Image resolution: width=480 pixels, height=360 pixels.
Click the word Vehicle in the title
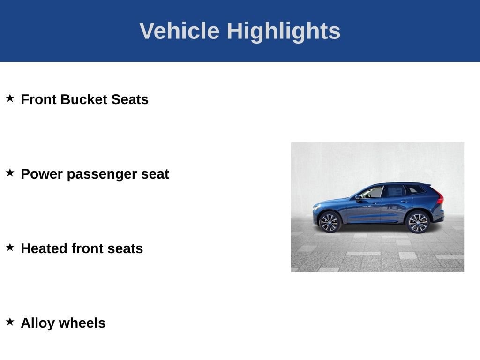pyautogui.click(x=180, y=30)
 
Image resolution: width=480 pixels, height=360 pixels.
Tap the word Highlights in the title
pyautogui.click(x=284, y=31)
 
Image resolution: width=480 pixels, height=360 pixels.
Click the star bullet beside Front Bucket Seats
pyautogui.click(x=10, y=98)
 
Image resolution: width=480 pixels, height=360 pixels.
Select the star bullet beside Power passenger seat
pyautogui.click(x=10, y=172)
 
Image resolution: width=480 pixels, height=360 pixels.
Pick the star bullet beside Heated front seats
pyautogui.click(x=10, y=247)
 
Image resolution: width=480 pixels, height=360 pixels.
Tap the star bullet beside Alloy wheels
pyautogui.click(x=10, y=322)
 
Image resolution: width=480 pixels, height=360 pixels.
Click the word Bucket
pyautogui.click(x=84, y=99)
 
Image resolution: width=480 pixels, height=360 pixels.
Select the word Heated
pyautogui.click(x=44, y=248)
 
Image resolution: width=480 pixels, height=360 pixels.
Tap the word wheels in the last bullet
pyautogui.click(x=82, y=323)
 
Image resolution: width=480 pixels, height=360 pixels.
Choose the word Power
pyautogui.click(x=42, y=174)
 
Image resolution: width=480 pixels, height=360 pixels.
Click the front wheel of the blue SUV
pyautogui.click(x=330, y=222)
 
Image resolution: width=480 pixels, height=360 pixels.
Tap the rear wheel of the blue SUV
pyautogui.click(x=418, y=222)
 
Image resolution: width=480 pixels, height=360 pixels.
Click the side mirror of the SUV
pyautogui.click(x=357, y=198)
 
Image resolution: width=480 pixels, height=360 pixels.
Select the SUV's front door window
pyautogui.click(x=372, y=193)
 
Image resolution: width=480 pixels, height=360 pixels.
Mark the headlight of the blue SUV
pyautogui.click(x=316, y=207)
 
